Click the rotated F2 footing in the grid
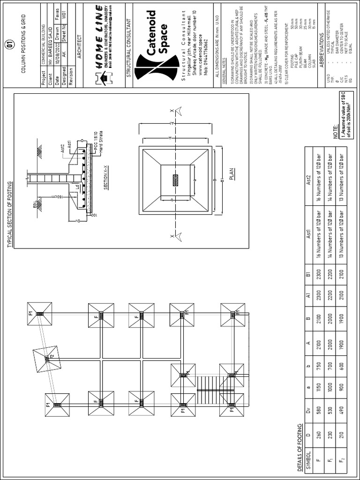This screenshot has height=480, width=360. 47,359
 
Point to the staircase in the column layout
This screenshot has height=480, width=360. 207,387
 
